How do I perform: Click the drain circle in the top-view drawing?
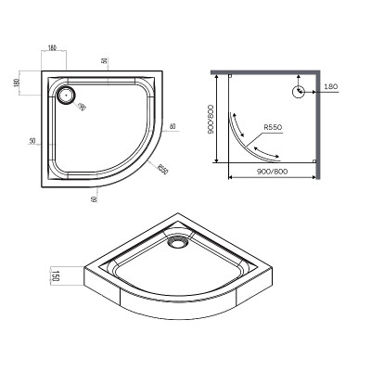click(x=67, y=94)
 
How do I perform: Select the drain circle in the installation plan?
click(x=300, y=91)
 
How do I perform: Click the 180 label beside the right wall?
click(x=332, y=86)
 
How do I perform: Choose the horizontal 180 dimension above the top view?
click(x=53, y=46)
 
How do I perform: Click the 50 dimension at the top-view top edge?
click(x=106, y=61)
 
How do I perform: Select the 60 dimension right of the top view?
click(x=173, y=127)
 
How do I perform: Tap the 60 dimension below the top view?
click(x=95, y=198)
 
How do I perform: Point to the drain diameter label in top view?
click(x=82, y=109)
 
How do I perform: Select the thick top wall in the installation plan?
click(x=264, y=72)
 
